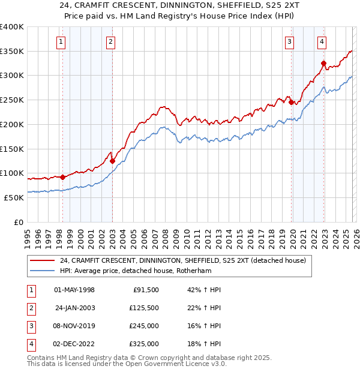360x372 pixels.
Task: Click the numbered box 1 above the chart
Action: (62, 41)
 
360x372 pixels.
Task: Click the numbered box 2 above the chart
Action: (112, 41)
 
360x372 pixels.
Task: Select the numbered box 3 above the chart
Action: (289, 41)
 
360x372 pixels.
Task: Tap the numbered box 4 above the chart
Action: (322, 41)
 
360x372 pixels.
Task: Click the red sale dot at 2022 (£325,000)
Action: (323, 63)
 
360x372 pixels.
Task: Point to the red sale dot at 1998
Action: (62, 177)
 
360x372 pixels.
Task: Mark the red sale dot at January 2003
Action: (112, 161)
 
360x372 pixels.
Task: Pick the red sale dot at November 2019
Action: (291, 102)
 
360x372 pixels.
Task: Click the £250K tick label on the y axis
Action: (11, 100)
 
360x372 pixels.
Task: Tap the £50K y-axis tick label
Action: (13, 197)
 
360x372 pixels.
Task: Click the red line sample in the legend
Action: (43, 260)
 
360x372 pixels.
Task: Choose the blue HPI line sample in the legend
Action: (43, 271)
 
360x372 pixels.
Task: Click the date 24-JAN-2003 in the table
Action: (75, 308)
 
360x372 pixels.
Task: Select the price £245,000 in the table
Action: (144, 326)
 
